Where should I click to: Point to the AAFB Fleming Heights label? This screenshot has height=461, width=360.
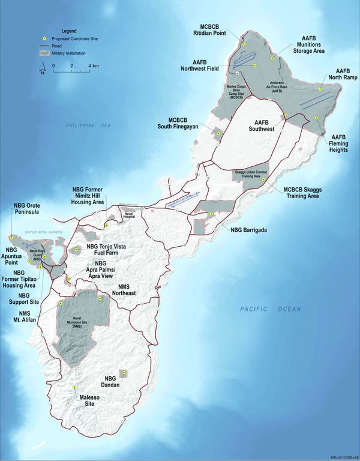[x=338, y=143]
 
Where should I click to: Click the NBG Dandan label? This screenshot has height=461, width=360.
[x=110, y=382]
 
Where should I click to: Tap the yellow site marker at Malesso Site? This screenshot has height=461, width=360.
[x=74, y=387]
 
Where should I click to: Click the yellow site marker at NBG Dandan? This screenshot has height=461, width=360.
[x=124, y=373]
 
